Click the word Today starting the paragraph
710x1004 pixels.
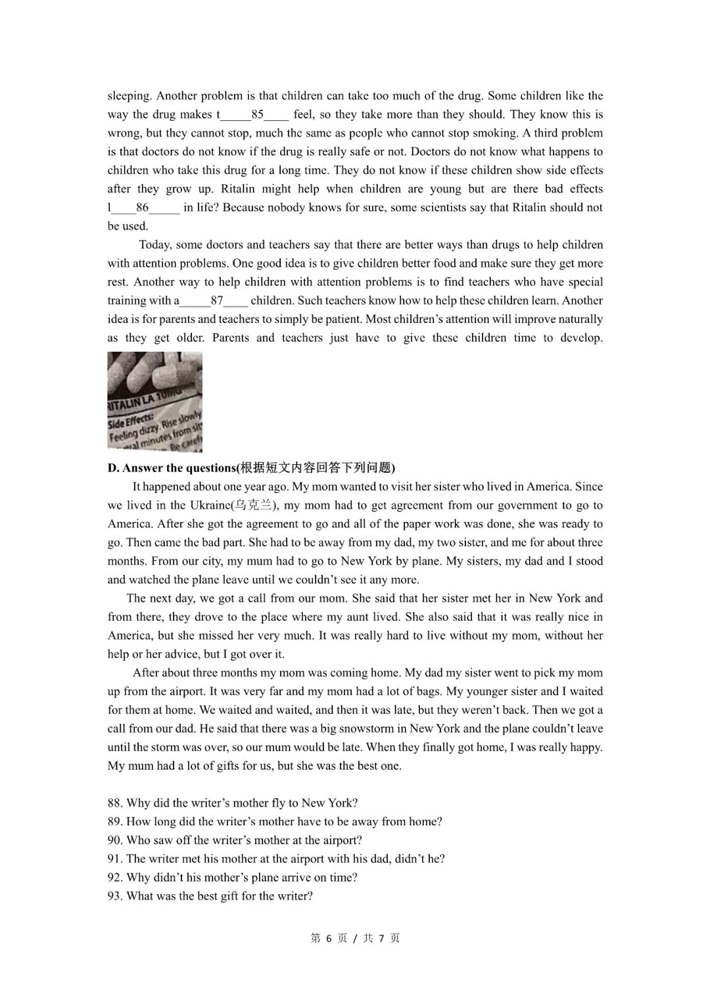[155, 245]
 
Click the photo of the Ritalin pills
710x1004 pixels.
[155, 402]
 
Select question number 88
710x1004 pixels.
[233, 803]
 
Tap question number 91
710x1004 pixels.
[276, 859]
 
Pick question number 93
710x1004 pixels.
[210, 896]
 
